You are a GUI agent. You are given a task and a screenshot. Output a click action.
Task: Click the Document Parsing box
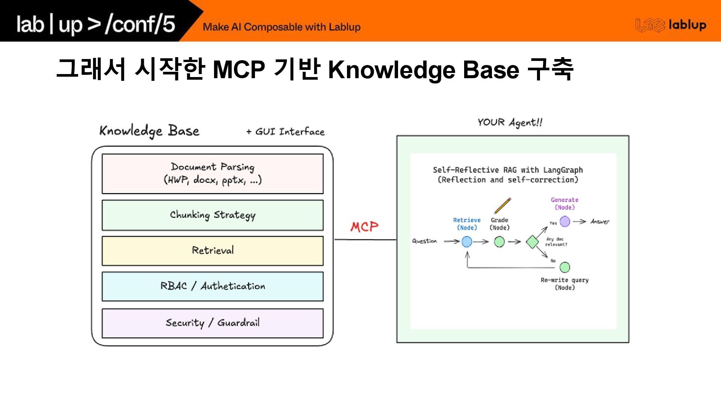click(213, 174)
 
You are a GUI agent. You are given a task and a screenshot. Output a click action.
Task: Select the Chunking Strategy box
click(213, 215)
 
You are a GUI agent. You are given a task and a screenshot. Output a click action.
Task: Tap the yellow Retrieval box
click(213, 251)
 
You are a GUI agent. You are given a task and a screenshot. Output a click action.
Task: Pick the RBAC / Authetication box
click(213, 286)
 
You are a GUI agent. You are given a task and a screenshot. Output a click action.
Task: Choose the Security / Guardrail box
click(213, 323)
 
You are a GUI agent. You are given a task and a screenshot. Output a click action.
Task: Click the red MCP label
click(364, 227)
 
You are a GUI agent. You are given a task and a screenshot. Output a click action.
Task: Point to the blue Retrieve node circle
click(467, 242)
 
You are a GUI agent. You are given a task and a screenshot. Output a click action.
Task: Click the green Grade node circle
click(499, 242)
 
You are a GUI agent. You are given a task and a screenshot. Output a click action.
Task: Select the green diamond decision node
click(532, 242)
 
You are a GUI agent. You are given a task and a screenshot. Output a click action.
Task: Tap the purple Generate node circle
click(565, 221)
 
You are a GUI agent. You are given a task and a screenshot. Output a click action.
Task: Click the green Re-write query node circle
click(565, 267)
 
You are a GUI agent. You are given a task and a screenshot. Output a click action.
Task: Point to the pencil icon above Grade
click(502, 206)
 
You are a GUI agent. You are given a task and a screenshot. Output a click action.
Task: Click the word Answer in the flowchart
click(600, 222)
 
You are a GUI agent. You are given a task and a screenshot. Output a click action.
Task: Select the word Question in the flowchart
click(424, 241)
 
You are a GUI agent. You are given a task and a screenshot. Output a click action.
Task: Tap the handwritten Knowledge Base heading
click(149, 131)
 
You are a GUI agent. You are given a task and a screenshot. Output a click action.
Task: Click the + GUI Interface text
click(285, 132)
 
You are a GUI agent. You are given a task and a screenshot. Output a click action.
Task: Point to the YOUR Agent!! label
click(510, 123)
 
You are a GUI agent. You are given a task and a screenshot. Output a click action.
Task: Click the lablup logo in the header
click(671, 25)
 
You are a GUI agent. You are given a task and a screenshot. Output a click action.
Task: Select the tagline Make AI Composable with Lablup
click(282, 27)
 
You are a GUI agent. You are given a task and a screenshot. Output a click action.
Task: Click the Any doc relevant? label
click(556, 242)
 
